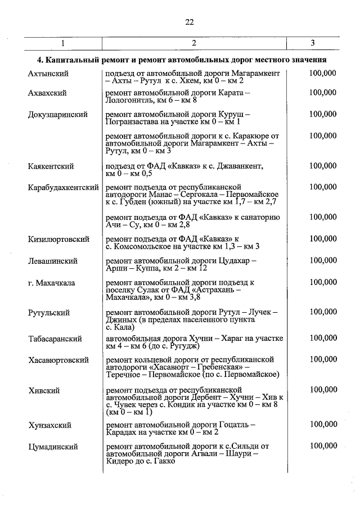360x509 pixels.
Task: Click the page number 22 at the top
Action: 189,22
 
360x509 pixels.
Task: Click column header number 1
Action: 63,43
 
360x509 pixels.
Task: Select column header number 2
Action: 193,43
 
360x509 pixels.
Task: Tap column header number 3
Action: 313,43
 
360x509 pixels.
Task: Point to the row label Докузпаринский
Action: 58,114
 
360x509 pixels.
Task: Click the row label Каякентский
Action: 51,166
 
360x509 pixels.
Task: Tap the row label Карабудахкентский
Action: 64,187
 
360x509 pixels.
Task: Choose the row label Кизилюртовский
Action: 59,239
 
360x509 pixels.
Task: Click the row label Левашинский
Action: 53,261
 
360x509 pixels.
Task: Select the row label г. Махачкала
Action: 52,282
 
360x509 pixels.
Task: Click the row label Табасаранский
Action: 55,339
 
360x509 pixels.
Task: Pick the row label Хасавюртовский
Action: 59,359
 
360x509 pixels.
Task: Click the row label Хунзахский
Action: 50,425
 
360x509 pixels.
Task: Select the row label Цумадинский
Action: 53,447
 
